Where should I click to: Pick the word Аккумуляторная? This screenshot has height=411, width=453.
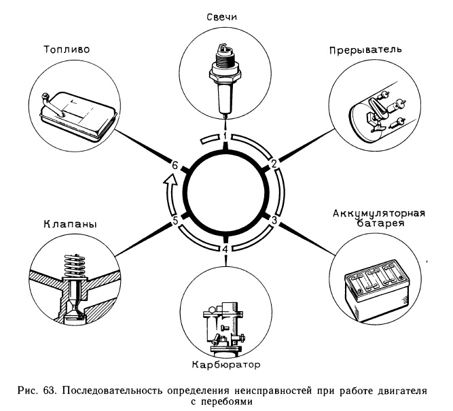(378, 214)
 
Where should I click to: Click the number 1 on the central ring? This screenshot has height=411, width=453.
(225, 137)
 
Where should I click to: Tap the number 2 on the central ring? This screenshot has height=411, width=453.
(274, 164)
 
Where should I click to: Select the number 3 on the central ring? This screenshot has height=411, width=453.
(274, 220)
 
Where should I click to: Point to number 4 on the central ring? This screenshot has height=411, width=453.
(225, 249)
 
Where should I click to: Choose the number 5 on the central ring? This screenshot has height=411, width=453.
(175, 220)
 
